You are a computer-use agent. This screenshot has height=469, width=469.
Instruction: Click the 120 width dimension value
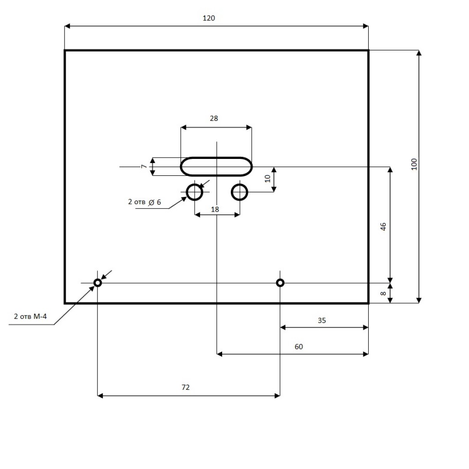click(x=208, y=18)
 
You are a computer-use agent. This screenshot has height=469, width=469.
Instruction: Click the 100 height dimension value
click(x=414, y=164)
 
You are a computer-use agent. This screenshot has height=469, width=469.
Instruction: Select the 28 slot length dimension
click(x=214, y=118)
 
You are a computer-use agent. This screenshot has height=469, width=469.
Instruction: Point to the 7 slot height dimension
click(x=144, y=166)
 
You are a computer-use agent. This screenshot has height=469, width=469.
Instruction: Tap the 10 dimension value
click(x=268, y=178)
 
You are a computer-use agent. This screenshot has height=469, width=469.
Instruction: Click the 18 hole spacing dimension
click(x=215, y=209)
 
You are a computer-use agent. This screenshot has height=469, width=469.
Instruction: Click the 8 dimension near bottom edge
click(x=383, y=293)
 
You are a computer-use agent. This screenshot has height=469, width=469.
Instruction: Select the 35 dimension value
click(x=322, y=321)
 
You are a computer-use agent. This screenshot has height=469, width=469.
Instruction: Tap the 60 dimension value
click(x=299, y=347)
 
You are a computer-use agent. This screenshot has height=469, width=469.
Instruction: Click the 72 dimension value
click(x=185, y=387)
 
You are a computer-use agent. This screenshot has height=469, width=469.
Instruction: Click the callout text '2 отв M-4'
click(x=31, y=316)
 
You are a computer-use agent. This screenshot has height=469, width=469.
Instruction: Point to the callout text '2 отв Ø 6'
click(x=145, y=202)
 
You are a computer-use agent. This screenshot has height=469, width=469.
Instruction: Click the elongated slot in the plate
click(x=216, y=166)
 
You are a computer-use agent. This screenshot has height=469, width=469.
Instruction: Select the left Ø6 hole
click(x=195, y=192)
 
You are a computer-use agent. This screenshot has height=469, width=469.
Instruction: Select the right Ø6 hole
click(x=240, y=192)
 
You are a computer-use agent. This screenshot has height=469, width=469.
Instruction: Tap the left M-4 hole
click(x=98, y=283)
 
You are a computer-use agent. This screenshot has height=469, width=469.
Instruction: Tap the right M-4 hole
click(x=280, y=283)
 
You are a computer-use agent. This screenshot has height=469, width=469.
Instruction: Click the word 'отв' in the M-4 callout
click(x=28, y=316)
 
